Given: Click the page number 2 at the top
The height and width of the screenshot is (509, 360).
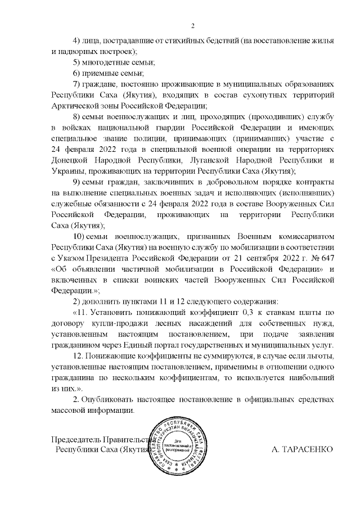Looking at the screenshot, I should pyautogui.click(x=192, y=25).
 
